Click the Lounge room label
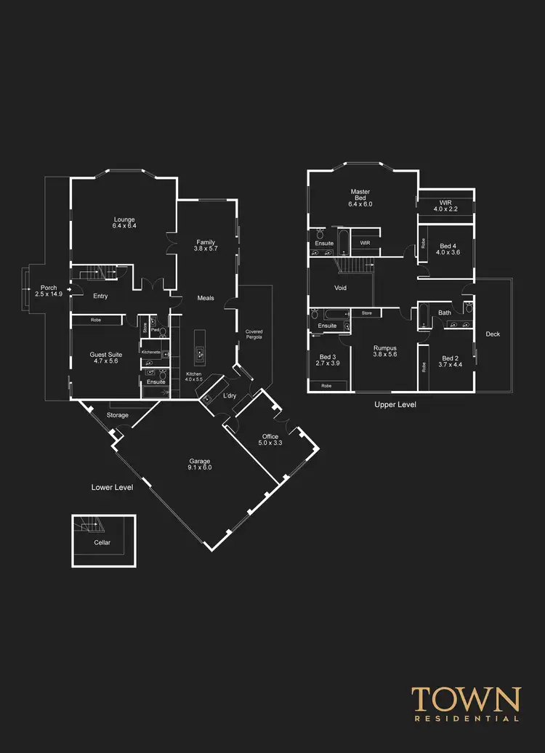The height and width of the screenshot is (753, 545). coord(124,222)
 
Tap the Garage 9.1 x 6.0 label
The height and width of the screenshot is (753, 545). coord(200,464)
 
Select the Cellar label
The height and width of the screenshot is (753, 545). coord(102,542)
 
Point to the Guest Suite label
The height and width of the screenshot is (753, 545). coord(106,358)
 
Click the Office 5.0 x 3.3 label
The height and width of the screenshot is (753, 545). coord(270,440)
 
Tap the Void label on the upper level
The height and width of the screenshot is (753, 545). coord(340,288)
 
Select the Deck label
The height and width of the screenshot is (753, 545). coord(493,334)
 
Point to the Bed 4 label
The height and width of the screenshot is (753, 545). coord(448,249)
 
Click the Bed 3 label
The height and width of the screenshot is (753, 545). coord(327,361)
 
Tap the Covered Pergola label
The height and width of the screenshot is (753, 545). coord(254,335)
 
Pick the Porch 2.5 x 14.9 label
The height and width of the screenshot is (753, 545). coord(49,291)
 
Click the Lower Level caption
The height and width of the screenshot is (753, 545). coord(112,487)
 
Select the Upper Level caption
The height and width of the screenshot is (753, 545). coord(395,404)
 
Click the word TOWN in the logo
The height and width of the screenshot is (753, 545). coord(466,699)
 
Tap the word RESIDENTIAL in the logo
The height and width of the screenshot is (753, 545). coord(466,719)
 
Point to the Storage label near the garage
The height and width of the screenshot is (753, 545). coord(118,415)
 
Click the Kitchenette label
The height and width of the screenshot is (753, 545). coord(151,352)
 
